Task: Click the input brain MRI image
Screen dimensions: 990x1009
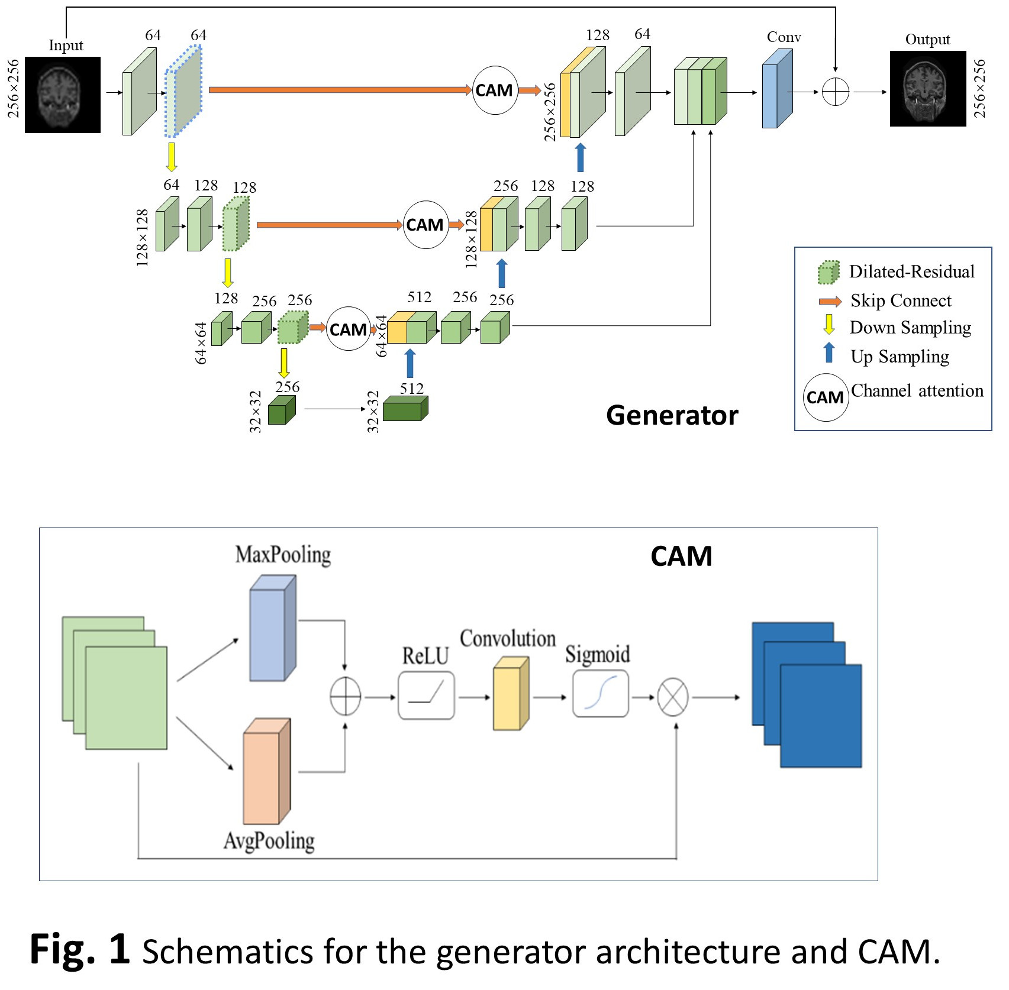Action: [x=63, y=95]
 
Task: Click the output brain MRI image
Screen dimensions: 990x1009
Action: [x=927, y=89]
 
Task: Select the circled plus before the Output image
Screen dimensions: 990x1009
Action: [x=835, y=92]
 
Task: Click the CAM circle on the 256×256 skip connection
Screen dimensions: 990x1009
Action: [x=495, y=90]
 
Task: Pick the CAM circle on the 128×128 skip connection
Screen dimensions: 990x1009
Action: [x=425, y=225]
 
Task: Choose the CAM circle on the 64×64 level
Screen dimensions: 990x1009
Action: [x=348, y=329]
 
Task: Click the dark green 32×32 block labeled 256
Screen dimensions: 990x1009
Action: [x=281, y=410]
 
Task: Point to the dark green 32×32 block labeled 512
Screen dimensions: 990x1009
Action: [x=405, y=409]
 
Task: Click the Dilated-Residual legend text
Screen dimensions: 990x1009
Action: [x=911, y=271]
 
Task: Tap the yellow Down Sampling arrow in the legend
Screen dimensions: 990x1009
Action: [x=829, y=325]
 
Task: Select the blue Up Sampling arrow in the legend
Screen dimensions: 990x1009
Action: [x=829, y=353]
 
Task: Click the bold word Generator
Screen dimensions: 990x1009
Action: [x=672, y=415]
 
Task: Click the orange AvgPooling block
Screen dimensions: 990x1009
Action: [x=266, y=771]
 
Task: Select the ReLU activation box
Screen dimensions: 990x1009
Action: [x=426, y=695]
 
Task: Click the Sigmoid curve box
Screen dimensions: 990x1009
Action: [x=600, y=694]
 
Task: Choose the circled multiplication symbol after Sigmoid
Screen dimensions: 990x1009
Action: [x=673, y=697]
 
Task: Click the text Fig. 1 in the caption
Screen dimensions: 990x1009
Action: [x=79, y=950]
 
